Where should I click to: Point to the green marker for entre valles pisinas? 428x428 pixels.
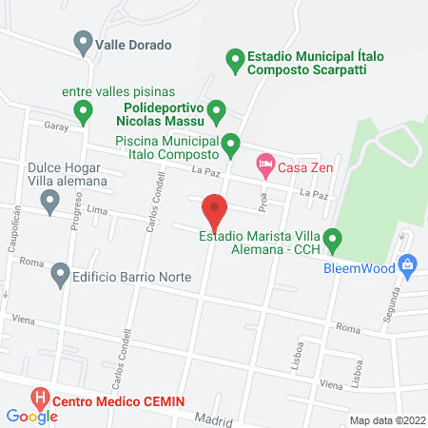click(x=84, y=113)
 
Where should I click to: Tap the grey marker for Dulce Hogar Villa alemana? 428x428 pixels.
click(x=49, y=200)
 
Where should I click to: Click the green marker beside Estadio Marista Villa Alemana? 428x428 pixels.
click(x=332, y=239)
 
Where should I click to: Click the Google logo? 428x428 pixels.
click(x=31, y=416)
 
